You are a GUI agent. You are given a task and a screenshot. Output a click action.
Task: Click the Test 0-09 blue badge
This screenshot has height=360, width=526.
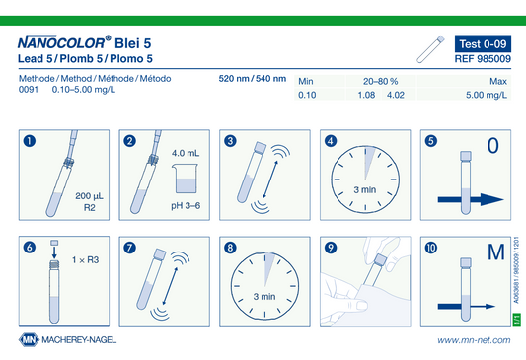(x=483, y=43)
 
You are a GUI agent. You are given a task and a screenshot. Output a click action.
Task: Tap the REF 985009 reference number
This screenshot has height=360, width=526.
(x=483, y=59)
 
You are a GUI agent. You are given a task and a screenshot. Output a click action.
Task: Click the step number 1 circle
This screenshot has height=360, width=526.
(x=30, y=141)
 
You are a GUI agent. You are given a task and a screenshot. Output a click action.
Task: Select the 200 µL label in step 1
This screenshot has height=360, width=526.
(x=89, y=196)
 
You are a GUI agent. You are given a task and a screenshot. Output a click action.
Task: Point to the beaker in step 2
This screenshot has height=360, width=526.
(x=185, y=179)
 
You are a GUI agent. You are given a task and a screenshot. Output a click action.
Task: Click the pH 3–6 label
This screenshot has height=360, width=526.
(x=186, y=206)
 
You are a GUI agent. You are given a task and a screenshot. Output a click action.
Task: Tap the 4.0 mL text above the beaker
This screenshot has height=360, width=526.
(x=186, y=153)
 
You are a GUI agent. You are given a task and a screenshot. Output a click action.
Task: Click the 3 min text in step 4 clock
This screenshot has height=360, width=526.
(x=365, y=190)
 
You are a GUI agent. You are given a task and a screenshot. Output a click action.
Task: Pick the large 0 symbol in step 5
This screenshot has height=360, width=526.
(x=492, y=145)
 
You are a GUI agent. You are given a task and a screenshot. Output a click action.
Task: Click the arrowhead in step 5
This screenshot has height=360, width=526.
(x=491, y=200)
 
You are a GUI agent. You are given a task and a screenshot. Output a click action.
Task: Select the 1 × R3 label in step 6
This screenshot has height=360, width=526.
(x=86, y=260)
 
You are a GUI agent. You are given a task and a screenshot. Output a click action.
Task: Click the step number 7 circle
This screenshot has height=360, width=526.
(x=130, y=248)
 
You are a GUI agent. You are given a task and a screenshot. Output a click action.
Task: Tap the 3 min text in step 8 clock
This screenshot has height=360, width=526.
(x=264, y=297)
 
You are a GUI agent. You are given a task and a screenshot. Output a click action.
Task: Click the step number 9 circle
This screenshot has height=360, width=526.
(x=331, y=248)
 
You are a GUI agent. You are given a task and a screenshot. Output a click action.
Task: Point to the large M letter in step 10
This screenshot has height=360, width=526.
(x=496, y=252)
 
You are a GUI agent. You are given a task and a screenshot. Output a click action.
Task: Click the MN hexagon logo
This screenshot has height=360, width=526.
(x=29, y=340)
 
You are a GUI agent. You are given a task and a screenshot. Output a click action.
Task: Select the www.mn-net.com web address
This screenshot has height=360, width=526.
(x=474, y=340)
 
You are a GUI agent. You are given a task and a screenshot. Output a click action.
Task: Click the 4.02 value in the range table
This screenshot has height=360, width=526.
(x=396, y=95)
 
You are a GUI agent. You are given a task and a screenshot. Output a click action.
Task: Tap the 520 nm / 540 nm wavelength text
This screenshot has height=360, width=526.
(x=253, y=79)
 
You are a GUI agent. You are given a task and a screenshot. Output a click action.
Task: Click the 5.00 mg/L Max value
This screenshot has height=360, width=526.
(x=487, y=95)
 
